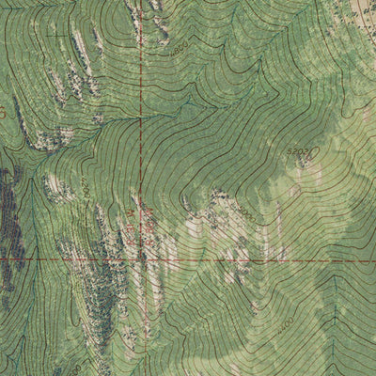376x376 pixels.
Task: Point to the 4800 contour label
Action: [179, 49]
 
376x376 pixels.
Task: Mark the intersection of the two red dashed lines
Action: [142, 258]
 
